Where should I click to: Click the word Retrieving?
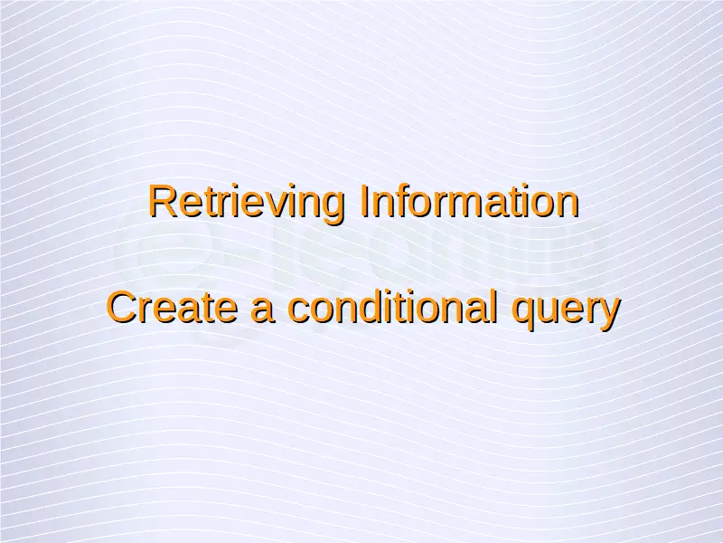click(247, 203)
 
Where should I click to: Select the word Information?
click(469, 201)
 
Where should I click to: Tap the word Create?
click(172, 308)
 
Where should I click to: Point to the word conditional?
click(392, 307)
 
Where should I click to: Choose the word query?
click(567, 311)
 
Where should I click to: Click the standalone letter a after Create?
click(262, 311)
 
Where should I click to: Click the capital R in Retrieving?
click(163, 201)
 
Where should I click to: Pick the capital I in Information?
click(364, 201)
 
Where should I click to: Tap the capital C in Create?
click(122, 308)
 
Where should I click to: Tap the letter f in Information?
click(405, 201)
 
